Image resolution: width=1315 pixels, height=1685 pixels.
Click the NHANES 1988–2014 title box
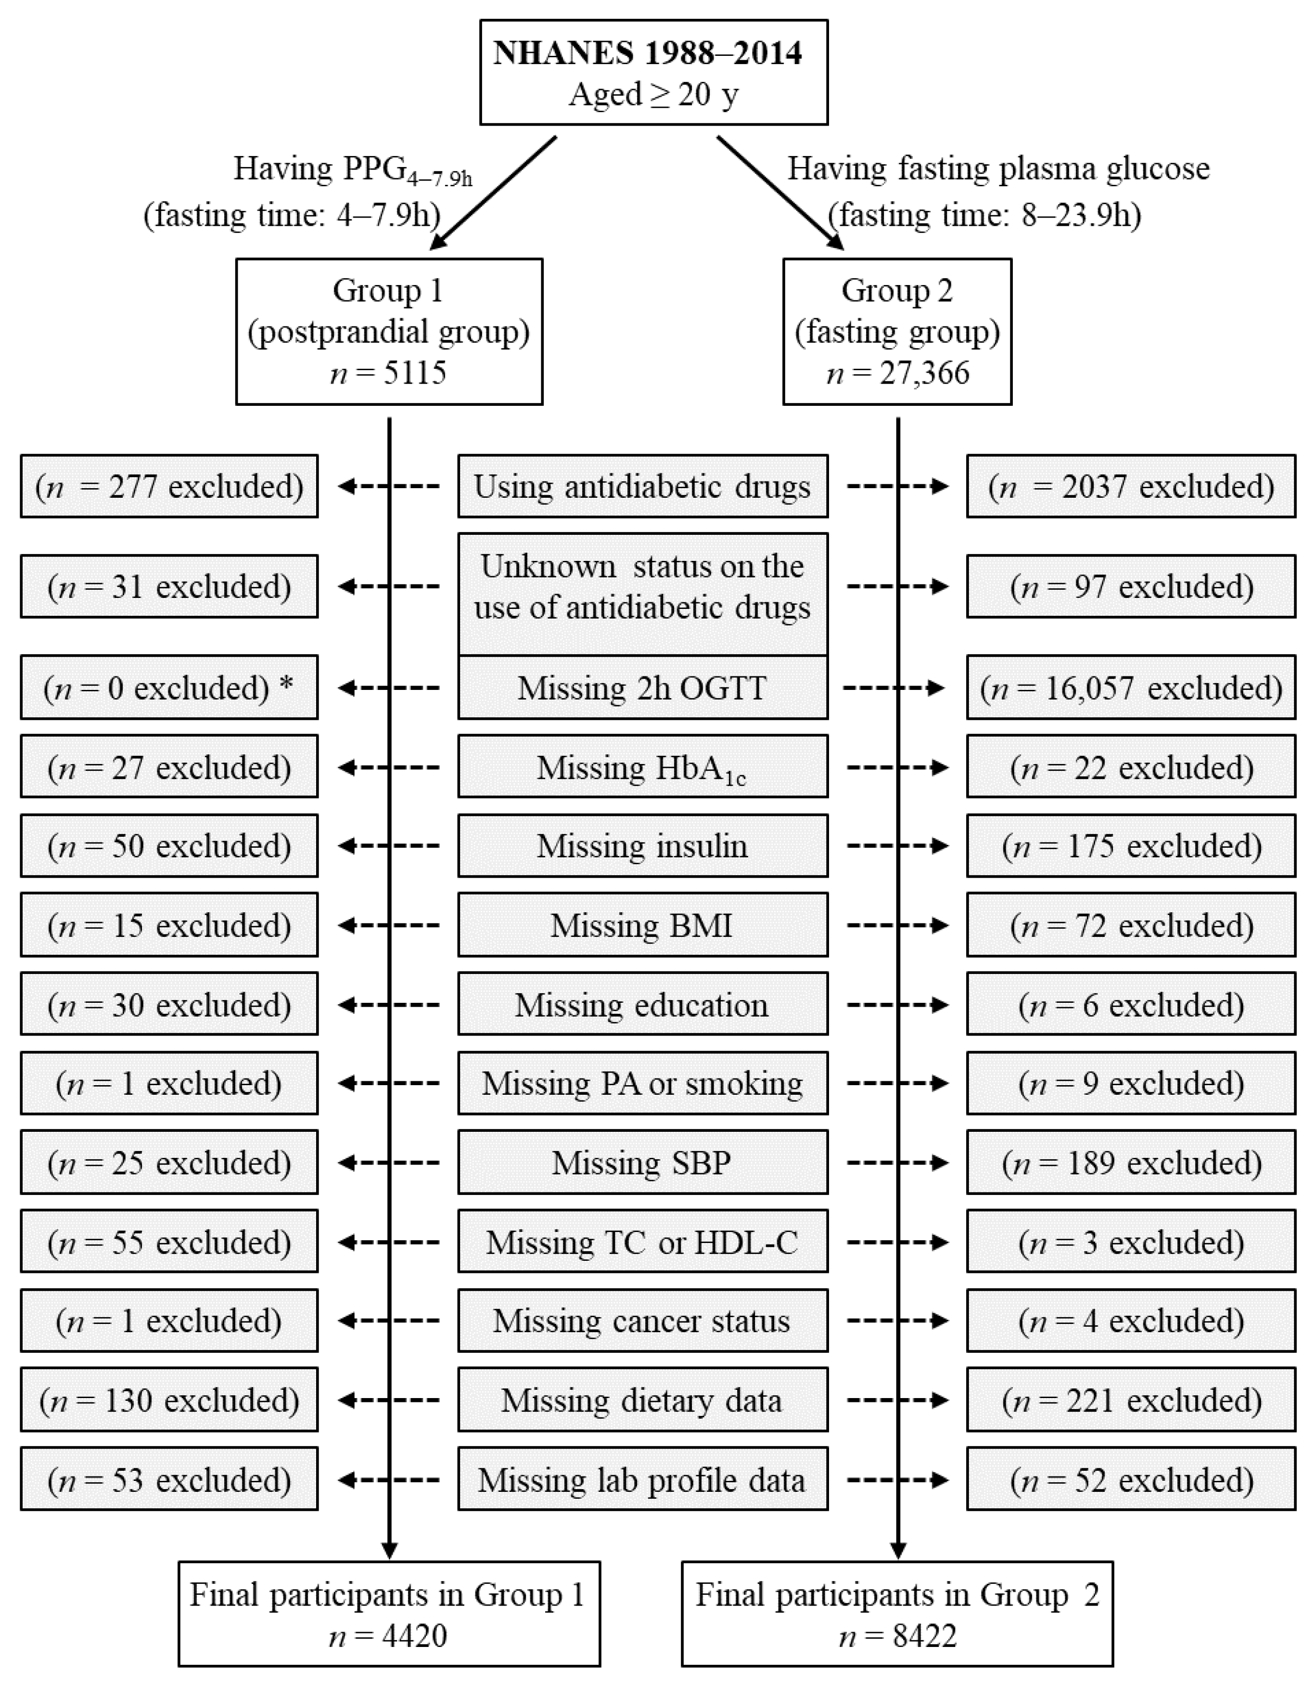[653, 73]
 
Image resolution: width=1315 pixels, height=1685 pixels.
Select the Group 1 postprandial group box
[389, 331]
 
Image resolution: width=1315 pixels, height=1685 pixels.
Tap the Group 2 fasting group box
[897, 331]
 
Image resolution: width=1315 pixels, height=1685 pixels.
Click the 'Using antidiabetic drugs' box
[642, 486]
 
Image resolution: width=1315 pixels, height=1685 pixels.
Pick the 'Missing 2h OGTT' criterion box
[642, 687]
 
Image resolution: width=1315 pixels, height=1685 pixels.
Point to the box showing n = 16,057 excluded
[1131, 687]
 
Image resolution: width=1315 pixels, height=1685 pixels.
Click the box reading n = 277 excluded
[169, 486]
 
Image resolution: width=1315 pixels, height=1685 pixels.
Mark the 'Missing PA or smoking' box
[642, 1083]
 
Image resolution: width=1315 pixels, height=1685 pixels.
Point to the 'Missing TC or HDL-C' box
[642, 1242]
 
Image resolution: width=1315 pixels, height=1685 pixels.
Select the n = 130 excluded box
[169, 1400]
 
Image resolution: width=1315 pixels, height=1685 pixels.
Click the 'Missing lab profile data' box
[642, 1480]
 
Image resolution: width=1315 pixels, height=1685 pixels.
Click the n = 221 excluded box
[1131, 1400]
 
